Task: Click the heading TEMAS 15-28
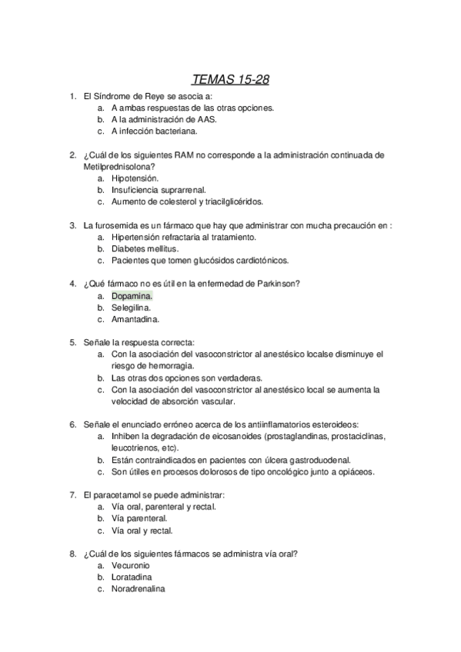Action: [x=230, y=79]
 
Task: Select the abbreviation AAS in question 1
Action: [x=206, y=120]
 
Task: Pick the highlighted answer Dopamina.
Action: [x=132, y=295]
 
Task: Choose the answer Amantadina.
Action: [x=135, y=319]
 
